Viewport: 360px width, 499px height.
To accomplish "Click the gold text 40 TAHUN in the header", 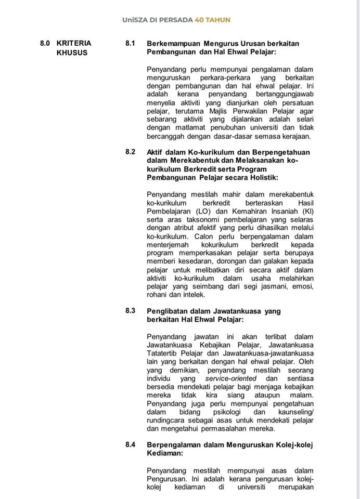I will pyautogui.click(x=212, y=20).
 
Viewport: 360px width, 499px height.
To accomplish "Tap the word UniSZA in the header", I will pyautogui.click(x=134, y=20).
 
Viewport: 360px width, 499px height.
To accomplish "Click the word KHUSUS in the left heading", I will pyautogui.click(x=72, y=52).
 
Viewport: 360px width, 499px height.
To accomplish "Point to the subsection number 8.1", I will pyautogui.click(x=130, y=43).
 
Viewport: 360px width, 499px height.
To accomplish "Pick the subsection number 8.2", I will pyautogui.click(x=130, y=152).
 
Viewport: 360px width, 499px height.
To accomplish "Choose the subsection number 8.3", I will pyautogui.click(x=130, y=310).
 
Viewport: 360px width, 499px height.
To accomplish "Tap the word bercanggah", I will pyautogui.click(x=167, y=136).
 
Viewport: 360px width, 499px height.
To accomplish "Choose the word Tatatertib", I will pyautogui.click(x=163, y=353).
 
